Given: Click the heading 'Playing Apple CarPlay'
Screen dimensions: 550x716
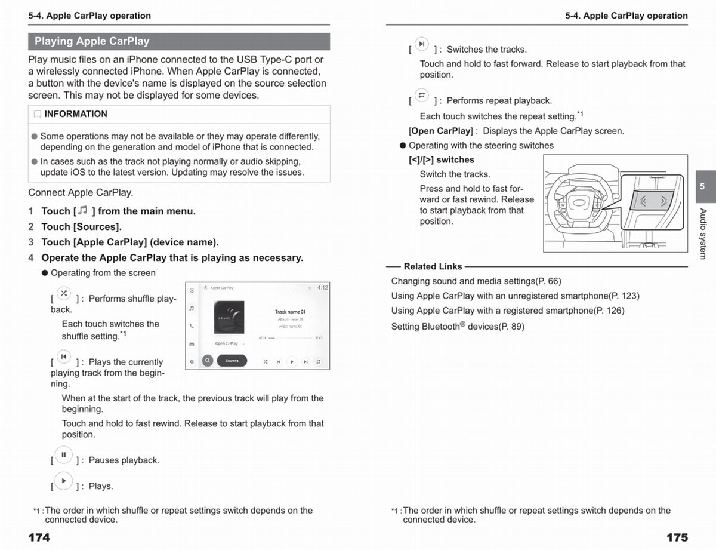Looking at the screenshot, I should (x=92, y=41).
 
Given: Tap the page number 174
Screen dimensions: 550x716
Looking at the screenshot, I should (x=39, y=537).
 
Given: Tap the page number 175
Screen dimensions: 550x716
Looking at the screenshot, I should (x=677, y=537).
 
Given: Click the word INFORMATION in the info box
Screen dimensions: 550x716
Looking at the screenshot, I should (x=76, y=114).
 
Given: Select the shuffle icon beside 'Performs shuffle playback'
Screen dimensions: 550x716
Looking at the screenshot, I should (x=64, y=294).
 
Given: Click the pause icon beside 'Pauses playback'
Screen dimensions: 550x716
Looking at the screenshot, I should (x=64, y=455).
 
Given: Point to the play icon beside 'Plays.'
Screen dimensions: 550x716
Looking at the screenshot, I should (x=64, y=481).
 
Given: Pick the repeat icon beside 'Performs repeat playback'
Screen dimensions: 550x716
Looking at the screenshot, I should (x=422, y=96).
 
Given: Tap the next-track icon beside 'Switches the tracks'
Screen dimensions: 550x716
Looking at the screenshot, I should (x=422, y=44).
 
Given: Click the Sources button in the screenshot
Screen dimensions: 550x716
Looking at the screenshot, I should (x=232, y=361).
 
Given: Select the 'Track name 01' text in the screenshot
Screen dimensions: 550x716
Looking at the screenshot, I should (x=290, y=312).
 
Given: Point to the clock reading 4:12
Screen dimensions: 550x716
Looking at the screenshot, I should (x=322, y=288).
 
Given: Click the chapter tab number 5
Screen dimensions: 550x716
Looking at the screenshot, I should (x=702, y=186).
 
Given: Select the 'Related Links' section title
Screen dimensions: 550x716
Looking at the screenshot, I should (x=433, y=266).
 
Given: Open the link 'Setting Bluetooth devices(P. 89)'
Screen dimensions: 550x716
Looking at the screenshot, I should (x=458, y=327).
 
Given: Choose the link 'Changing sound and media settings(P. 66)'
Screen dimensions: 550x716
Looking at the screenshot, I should (x=476, y=281).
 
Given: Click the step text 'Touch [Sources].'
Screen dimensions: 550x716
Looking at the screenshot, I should (x=81, y=227).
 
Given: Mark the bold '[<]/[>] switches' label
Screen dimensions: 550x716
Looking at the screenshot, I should (x=442, y=160).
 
